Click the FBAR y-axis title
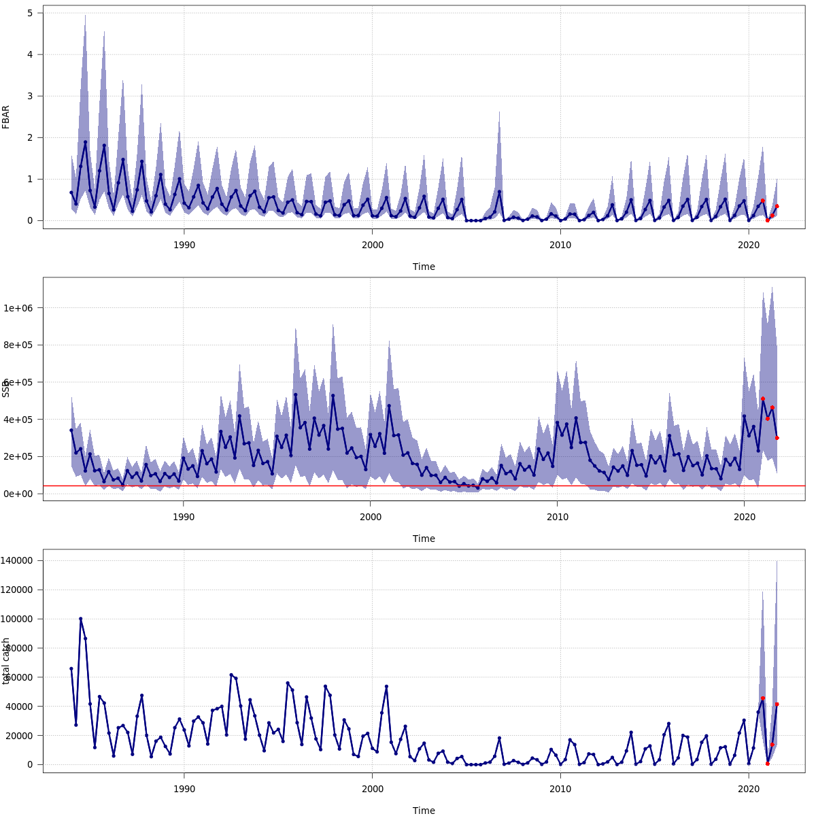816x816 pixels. pyautogui.click(x=6, y=117)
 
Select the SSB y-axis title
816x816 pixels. pyautogui.click(x=6, y=389)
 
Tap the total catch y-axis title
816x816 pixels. pyautogui.click(x=6, y=661)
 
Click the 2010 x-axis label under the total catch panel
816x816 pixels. pyautogui.click(x=560, y=789)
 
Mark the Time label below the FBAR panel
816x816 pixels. pyautogui.click(x=424, y=267)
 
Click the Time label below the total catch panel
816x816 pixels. pyautogui.click(x=424, y=811)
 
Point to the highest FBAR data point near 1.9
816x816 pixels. pyautogui.click(x=85, y=142)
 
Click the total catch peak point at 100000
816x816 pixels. pyautogui.click(x=80, y=619)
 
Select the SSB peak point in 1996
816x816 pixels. pyautogui.click(x=295, y=394)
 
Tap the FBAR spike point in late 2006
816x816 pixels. pyautogui.click(x=499, y=192)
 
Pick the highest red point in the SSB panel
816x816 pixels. pyautogui.click(x=762, y=398)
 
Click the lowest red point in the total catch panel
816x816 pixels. pyautogui.click(x=767, y=764)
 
